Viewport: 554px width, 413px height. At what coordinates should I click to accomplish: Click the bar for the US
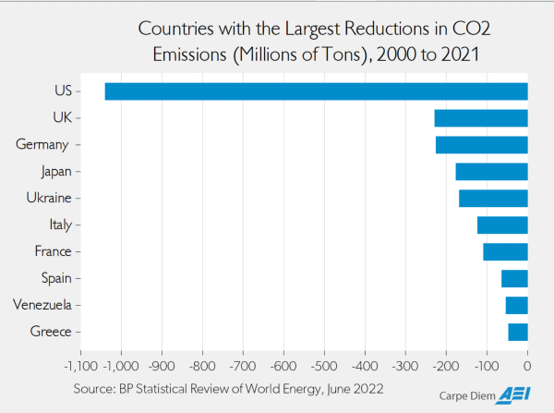point(316,91)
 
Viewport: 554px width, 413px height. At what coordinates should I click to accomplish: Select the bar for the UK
point(481,118)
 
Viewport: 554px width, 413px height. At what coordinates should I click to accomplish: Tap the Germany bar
point(482,145)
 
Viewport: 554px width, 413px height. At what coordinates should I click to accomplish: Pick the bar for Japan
point(492,172)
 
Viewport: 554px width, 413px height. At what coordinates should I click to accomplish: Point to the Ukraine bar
point(494,198)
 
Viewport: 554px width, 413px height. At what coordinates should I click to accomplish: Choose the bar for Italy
point(502,225)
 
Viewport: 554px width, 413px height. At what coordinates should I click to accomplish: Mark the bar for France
point(506,251)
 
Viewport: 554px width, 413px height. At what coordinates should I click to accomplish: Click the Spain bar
point(514,278)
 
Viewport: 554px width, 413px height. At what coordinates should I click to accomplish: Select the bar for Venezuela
point(517,305)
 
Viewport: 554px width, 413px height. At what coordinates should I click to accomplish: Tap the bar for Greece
point(518,332)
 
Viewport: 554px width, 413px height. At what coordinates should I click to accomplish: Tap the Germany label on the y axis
point(43,145)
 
